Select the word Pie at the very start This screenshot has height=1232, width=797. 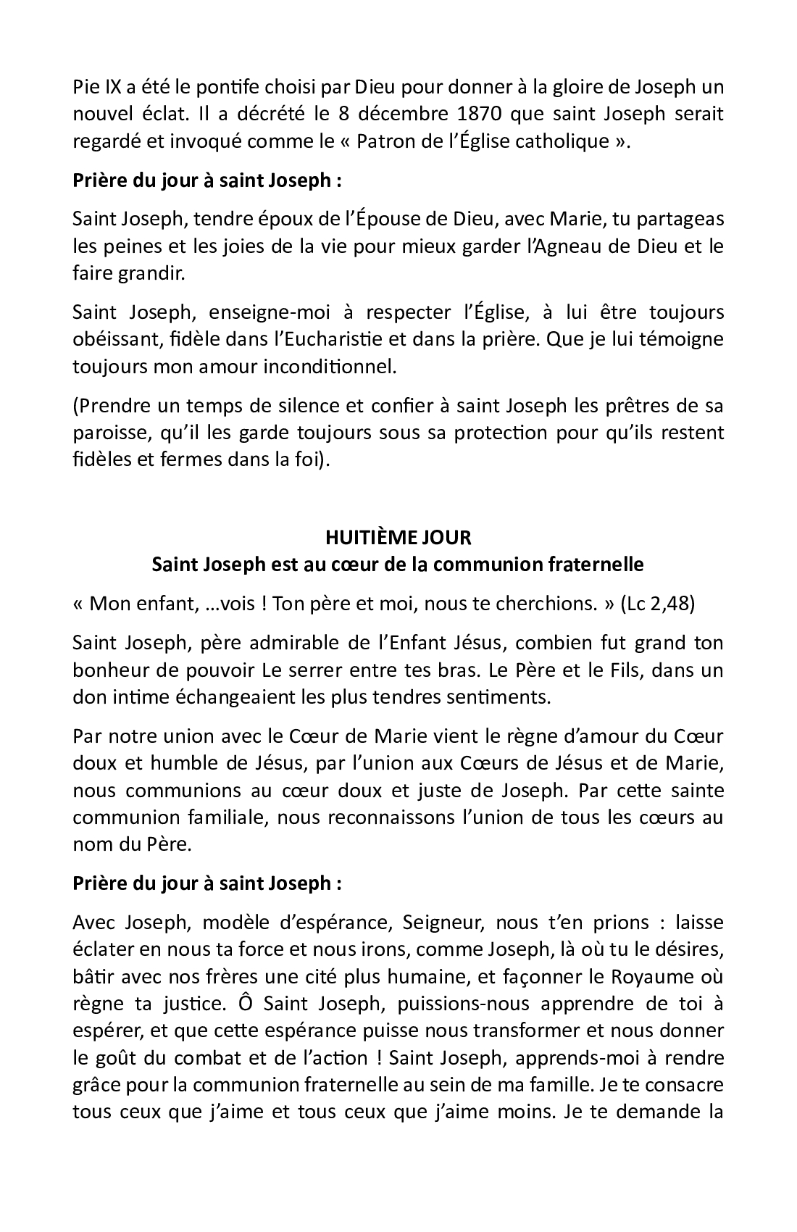85,87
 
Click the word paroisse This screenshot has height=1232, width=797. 107,433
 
